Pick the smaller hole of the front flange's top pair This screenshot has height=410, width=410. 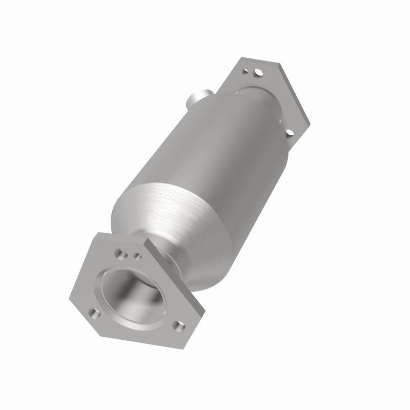pyautogui.click(x=137, y=254)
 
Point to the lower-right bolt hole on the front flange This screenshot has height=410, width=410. pyautogui.click(x=177, y=325)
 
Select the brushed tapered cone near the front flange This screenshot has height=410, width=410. pyautogui.click(x=169, y=215)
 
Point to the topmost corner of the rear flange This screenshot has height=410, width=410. pyautogui.click(x=241, y=58)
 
